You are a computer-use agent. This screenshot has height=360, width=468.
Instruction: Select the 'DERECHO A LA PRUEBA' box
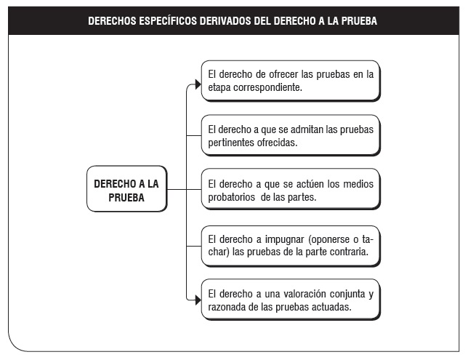(127, 189)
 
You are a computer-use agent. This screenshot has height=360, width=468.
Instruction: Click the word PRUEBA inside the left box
(126, 198)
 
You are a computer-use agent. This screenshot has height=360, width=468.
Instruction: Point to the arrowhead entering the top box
(198, 84)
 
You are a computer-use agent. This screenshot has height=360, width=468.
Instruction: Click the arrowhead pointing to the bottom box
(198, 300)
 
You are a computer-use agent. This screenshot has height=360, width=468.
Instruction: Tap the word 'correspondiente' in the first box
(267, 87)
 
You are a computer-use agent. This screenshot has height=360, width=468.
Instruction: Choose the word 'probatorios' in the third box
(231, 197)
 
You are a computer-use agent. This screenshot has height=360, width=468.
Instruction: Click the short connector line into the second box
(194, 135)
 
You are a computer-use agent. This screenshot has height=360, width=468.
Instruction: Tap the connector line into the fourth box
(194, 246)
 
